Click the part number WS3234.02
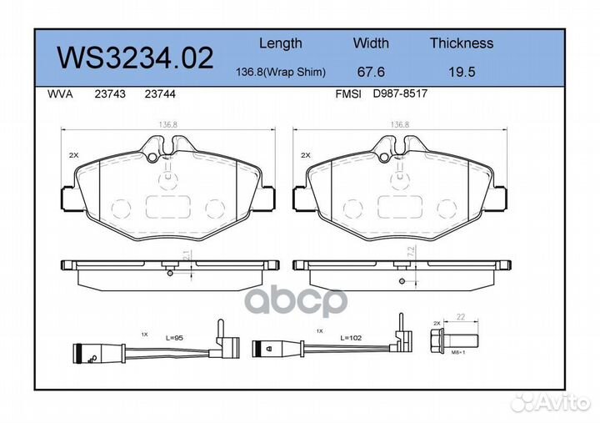click(134, 58)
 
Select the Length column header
click(280, 43)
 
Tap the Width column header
click(371, 43)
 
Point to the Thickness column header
click(461, 43)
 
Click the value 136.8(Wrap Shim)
click(281, 73)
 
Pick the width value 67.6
click(371, 73)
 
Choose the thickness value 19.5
click(461, 73)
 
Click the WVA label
click(61, 95)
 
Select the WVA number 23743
click(112, 95)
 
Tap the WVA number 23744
click(159, 95)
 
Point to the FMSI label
click(347, 95)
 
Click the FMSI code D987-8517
click(401, 95)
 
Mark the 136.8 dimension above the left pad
click(167, 125)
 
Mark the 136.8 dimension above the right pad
click(400, 125)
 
